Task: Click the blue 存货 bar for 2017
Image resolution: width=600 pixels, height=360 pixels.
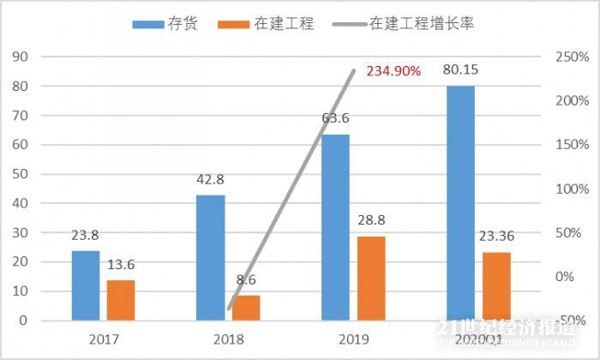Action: pyautogui.click(x=86, y=285)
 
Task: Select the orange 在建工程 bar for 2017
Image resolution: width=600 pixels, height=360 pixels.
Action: pyautogui.click(x=121, y=300)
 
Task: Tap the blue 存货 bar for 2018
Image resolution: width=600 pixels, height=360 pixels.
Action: pyautogui.click(x=211, y=257)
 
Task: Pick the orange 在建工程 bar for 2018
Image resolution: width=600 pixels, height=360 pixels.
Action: pyautogui.click(x=246, y=307)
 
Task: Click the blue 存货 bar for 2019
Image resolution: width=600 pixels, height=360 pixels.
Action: pyautogui.click(x=335, y=227)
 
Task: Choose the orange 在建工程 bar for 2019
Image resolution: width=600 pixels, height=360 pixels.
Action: pyautogui.click(x=370, y=278)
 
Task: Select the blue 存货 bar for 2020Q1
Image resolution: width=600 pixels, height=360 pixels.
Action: pyautogui.click(x=460, y=203)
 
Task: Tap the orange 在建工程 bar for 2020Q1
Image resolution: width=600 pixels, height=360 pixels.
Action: pyautogui.click(x=495, y=285)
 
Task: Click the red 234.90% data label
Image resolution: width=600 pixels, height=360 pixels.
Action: pyautogui.click(x=393, y=72)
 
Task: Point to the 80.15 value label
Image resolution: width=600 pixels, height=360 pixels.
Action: pyautogui.click(x=460, y=69)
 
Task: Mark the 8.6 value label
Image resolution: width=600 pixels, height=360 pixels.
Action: pyautogui.click(x=246, y=279)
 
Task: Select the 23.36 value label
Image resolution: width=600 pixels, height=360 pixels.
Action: pyautogui.click(x=496, y=237)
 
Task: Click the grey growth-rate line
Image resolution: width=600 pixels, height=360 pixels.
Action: pyautogui.click(x=291, y=189)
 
